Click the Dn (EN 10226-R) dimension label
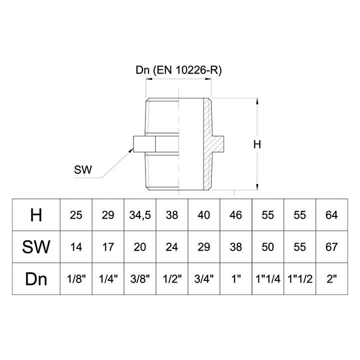point(178,70)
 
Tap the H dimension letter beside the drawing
point(257,145)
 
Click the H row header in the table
point(36,215)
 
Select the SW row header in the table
point(36,246)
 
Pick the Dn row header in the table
point(36,278)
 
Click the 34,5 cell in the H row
point(140,215)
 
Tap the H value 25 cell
point(76,215)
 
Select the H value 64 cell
point(331,215)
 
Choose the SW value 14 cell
point(76,246)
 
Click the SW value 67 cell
point(331,246)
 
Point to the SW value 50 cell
point(268,246)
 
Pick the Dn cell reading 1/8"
point(76,278)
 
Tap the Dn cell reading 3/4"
point(204,278)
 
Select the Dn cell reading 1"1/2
point(299,278)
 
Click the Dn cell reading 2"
point(331,278)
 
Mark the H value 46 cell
point(235,215)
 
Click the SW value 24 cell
point(172,246)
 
